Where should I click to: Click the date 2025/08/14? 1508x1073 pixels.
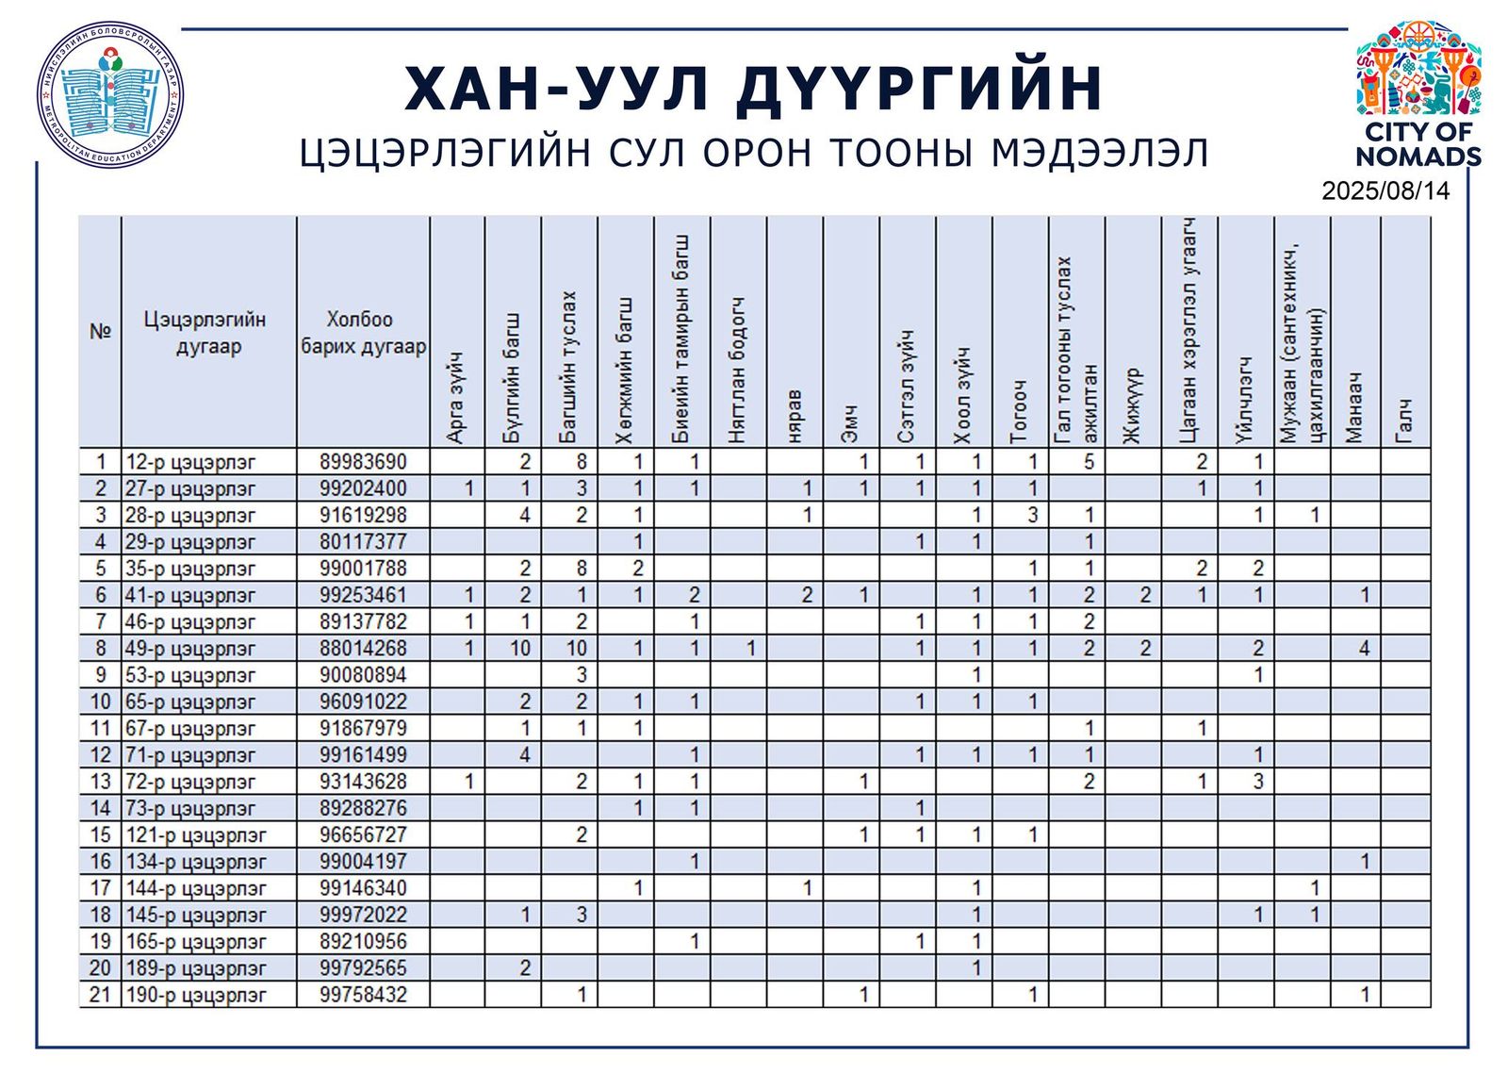tap(1385, 191)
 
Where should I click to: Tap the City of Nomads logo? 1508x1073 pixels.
tap(1418, 94)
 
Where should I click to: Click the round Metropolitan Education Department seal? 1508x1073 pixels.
tap(110, 95)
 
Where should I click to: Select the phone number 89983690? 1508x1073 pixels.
tap(363, 462)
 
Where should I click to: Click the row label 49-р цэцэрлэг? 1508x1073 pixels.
tap(190, 649)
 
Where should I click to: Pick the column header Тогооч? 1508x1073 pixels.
tap(1020, 410)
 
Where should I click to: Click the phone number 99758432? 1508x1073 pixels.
tap(363, 995)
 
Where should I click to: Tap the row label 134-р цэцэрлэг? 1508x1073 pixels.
tap(196, 862)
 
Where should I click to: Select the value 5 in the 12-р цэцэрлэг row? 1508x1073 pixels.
tap(1089, 462)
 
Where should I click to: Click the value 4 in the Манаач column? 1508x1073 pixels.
tap(1364, 649)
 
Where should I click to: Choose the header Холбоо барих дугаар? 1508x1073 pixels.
tap(363, 333)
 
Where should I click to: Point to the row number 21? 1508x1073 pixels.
tap(100, 995)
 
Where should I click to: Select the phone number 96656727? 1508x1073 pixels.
tap(363, 835)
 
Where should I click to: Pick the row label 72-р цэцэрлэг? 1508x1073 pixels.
tap(190, 782)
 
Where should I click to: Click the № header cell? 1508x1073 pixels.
tap(100, 332)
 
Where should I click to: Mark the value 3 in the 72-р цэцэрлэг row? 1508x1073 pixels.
tap(1258, 782)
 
